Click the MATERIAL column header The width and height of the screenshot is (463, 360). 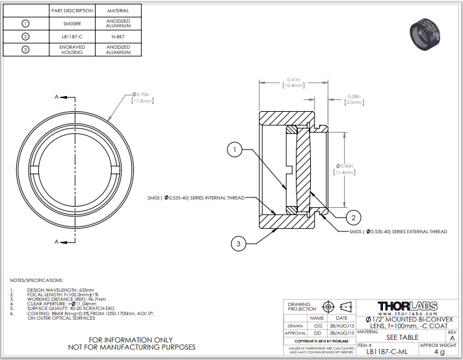(118, 11)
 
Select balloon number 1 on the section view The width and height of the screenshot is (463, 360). (235, 149)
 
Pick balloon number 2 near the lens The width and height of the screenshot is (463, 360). (352, 216)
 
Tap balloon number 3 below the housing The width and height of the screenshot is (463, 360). (239, 244)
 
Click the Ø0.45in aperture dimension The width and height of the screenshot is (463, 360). (344, 169)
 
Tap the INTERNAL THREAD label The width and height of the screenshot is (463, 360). (195, 198)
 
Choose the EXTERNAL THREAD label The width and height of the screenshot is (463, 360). (398, 231)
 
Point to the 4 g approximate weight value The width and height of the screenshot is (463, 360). (439, 352)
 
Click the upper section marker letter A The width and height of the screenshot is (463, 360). (57, 96)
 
